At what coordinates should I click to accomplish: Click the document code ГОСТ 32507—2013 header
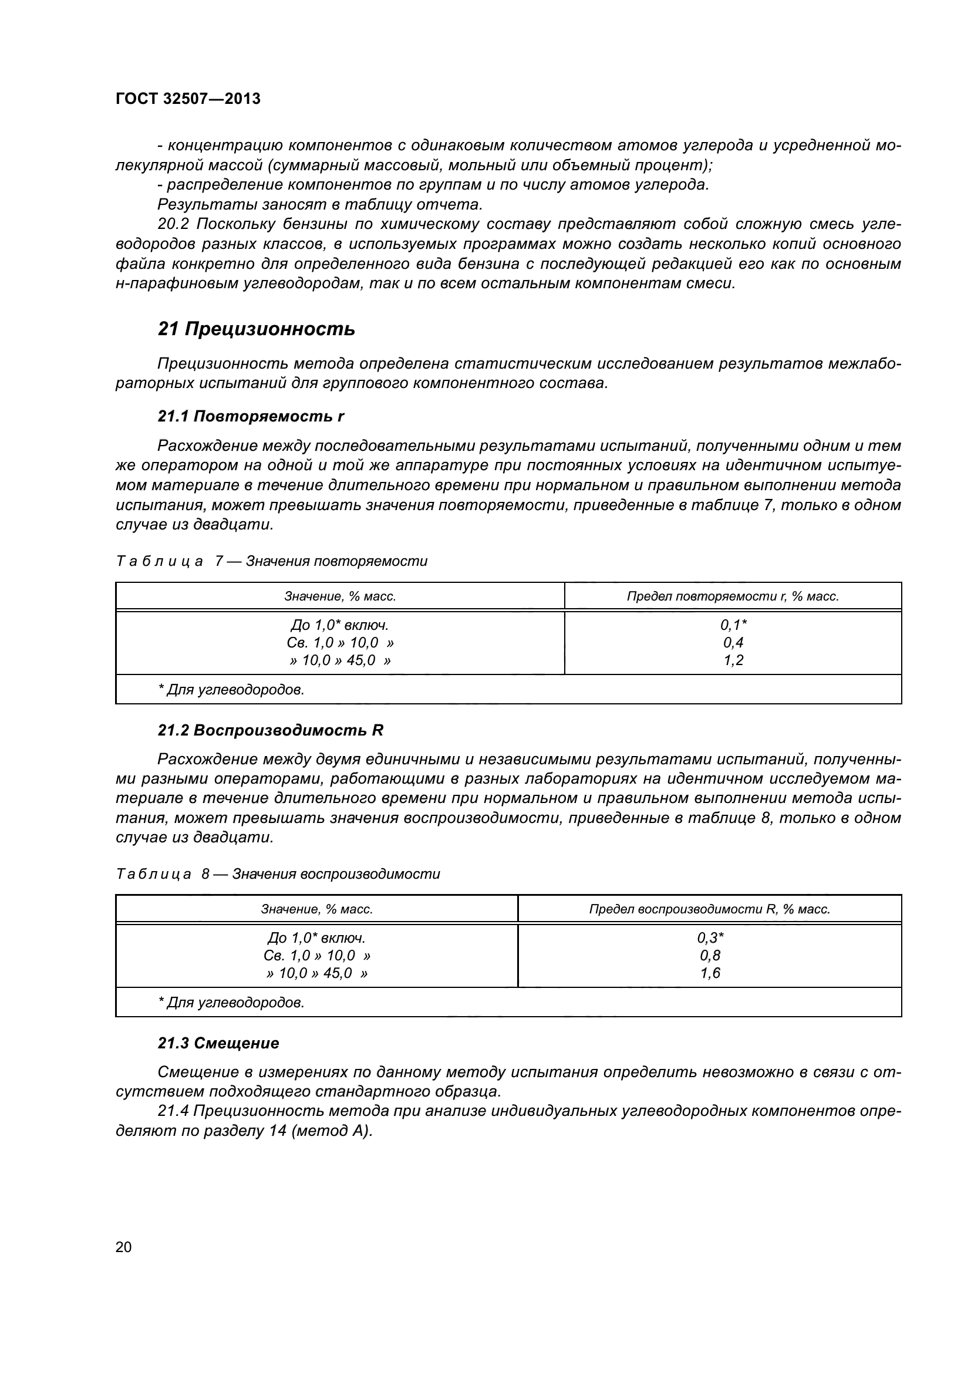point(188,99)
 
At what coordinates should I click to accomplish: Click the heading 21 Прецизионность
point(256,329)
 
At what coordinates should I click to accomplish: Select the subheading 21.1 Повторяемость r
point(251,416)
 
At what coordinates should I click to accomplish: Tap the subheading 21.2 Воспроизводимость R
point(270,730)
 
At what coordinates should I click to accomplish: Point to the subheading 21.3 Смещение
point(218,1043)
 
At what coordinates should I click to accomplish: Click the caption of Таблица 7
point(271,561)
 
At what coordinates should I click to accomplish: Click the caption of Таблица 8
point(278,873)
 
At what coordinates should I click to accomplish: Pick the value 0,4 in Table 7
point(733,643)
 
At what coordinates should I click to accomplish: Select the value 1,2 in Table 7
point(733,660)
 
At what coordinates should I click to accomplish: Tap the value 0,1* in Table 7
point(733,625)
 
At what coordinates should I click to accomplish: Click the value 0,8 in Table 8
point(710,956)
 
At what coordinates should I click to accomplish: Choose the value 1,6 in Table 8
point(710,973)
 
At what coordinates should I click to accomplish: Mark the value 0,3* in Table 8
point(710,937)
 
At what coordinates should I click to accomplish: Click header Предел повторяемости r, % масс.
point(733,596)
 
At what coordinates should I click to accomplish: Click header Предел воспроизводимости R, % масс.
point(710,909)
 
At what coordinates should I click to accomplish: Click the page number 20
point(123,1247)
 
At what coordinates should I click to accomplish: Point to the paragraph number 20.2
point(174,224)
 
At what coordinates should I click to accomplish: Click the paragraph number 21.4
point(173,1111)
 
